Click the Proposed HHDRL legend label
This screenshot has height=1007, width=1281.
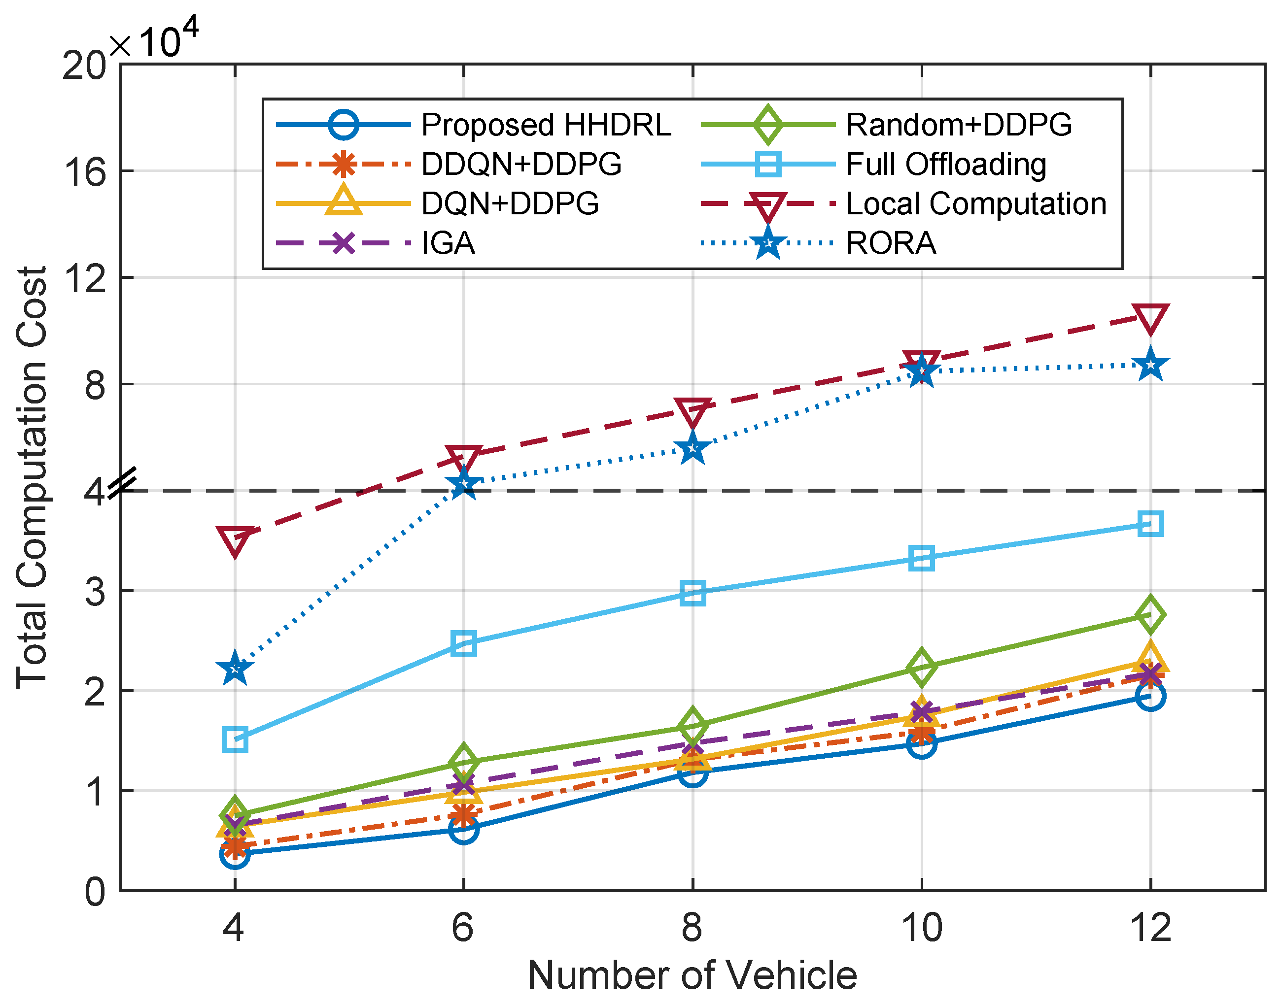[x=546, y=125]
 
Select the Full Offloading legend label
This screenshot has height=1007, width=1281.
[x=946, y=165]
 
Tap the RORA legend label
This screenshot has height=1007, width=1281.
[x=891, y=243]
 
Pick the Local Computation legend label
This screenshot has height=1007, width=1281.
[x=976, y=204]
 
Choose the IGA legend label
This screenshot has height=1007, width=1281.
[x=448, y=243]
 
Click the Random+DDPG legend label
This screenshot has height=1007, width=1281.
[x=958, y=125]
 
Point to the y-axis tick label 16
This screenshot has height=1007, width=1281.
[x=84, y=172]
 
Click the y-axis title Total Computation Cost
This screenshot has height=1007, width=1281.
[x=32, y=477]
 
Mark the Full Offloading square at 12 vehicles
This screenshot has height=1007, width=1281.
[x=1150, y=524]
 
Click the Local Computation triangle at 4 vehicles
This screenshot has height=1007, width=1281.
[x=235, y=539]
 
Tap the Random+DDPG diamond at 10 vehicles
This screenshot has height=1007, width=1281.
[x=921, y=668]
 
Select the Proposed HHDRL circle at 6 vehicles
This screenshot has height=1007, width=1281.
[x=464, y=829]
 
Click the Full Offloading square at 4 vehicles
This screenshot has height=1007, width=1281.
[x=235, y=739]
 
